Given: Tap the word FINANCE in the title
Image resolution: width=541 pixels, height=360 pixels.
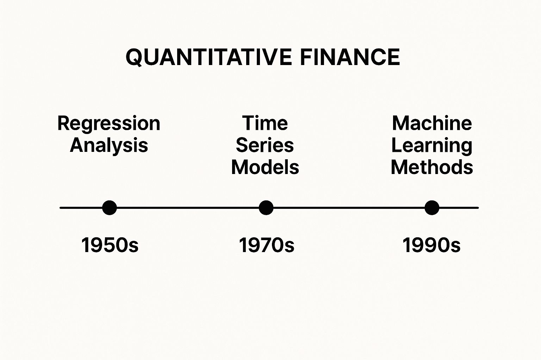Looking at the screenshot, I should click(350, 57).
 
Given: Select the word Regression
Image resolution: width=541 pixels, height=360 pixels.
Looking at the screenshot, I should click(109, 123).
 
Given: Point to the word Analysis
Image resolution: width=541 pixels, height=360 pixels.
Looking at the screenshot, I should click(109, 146).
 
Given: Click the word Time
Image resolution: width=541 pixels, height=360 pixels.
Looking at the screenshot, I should click(265, 123).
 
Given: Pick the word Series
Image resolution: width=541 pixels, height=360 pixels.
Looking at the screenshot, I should click(265, 145).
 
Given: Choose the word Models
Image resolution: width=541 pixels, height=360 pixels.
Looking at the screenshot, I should click(265, 167).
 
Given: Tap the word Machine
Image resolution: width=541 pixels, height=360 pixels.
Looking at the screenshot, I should click(432, 123).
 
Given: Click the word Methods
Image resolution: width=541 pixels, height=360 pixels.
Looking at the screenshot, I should click(432, 167).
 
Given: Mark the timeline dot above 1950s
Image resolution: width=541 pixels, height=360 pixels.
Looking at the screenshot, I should click(110, 208).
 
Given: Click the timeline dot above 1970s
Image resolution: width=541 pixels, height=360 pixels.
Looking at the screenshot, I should click(266, 208).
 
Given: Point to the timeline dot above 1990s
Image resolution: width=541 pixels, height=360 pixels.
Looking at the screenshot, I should click(432, 208).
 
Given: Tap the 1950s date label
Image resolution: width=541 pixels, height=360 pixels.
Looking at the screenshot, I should click(110, 245).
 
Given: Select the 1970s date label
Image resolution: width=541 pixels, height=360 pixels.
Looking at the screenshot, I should click(267, 245).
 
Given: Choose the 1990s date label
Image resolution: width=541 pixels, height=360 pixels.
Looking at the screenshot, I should click(431, 245).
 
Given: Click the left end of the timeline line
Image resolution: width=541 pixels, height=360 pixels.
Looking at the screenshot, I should click(61, 208).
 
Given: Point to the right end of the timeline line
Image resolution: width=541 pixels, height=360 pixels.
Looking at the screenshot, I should click(477, 208).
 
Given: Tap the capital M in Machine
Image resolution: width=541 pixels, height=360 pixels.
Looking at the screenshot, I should click(401, 123).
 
